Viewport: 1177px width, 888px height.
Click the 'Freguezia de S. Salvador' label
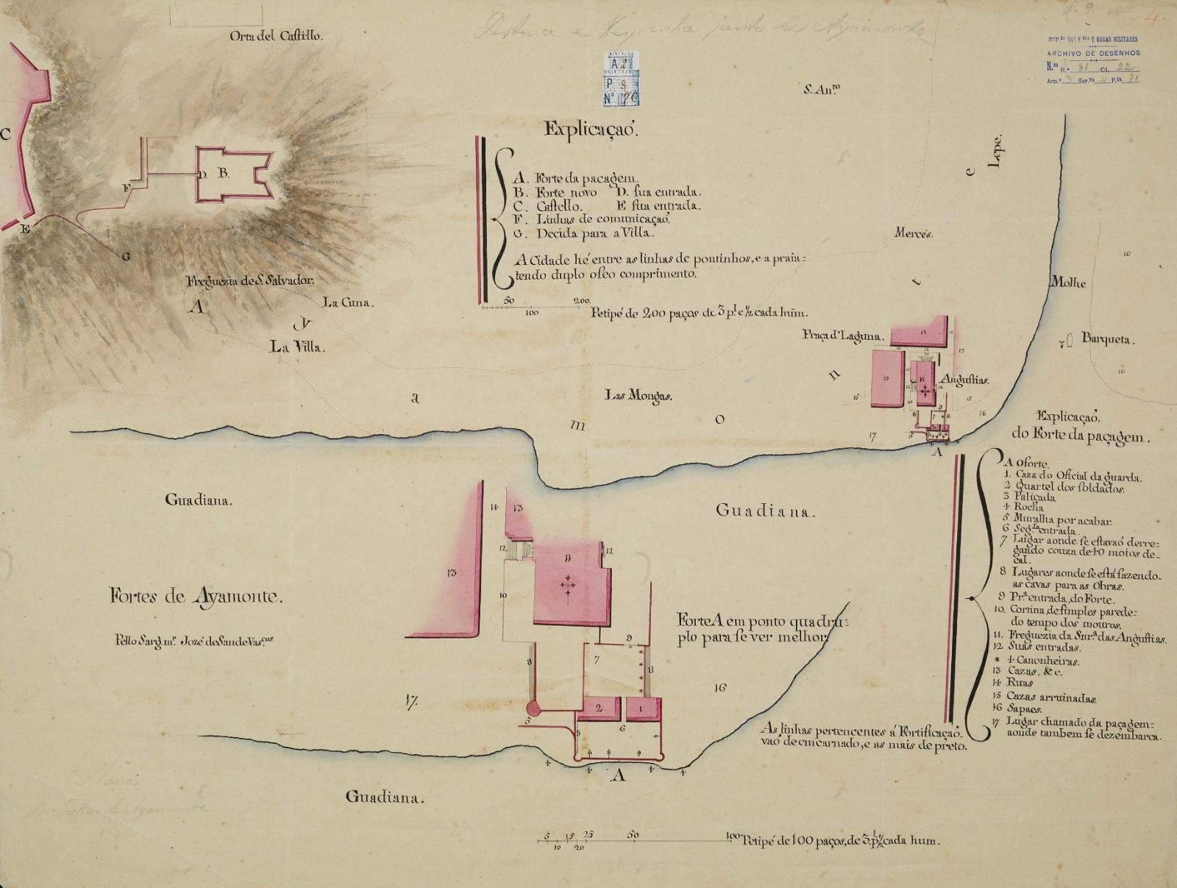251,280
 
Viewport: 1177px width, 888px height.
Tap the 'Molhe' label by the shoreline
1068,283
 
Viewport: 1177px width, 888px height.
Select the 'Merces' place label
914,234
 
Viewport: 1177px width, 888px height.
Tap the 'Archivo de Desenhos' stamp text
1094,53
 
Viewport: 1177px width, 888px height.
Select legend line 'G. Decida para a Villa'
585,233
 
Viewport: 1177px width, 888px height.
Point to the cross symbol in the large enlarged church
567,584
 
